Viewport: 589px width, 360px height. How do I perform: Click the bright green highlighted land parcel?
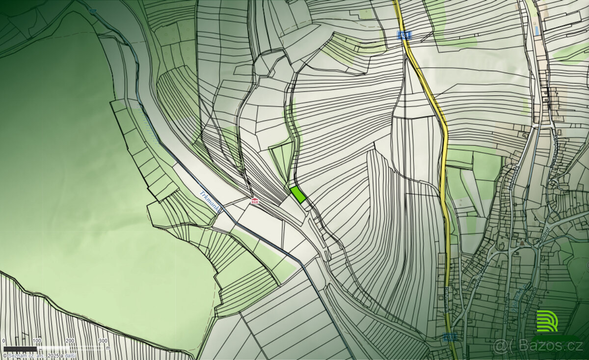298,195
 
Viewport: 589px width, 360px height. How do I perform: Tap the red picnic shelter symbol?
254,200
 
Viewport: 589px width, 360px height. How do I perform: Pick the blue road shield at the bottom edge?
448,336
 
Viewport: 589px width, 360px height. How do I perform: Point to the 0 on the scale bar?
3,340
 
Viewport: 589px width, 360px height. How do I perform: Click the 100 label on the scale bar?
37,340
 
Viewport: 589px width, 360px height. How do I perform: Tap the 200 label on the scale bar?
70,340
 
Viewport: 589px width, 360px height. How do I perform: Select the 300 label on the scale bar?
103,340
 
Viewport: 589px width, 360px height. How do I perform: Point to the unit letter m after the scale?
108,348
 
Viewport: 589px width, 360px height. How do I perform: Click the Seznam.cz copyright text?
39,355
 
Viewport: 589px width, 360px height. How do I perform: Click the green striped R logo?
547,321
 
